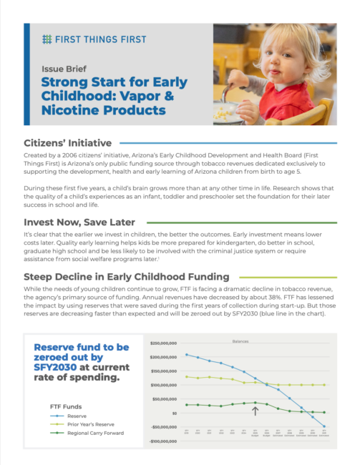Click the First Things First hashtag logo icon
[47, 38]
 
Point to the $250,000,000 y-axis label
[163, 342]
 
